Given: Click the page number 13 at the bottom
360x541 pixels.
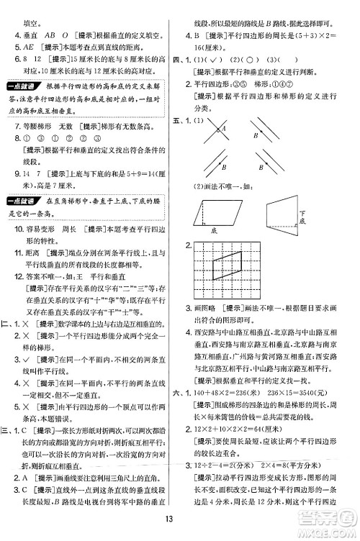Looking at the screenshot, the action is tap(179, 521).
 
